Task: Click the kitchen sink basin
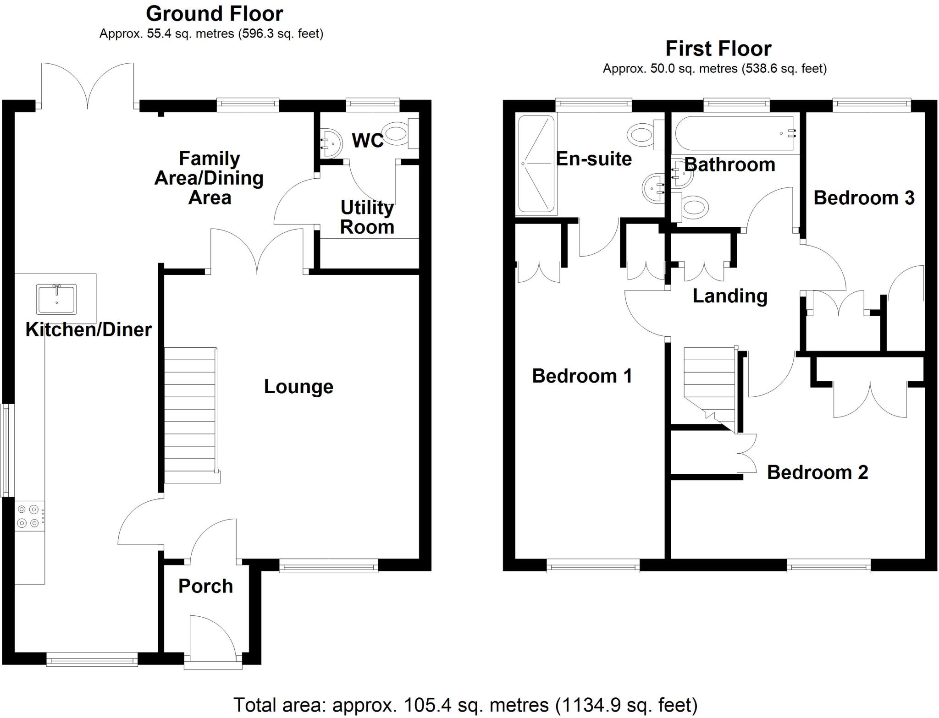coord(57,299)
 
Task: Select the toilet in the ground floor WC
coord(402,134)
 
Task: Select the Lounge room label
coord(298,386)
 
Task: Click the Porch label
coord(205,586)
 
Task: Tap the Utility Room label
coord(367,217)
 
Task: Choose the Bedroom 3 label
coord(864,197)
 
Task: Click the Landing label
coord(730,296)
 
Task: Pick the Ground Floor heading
coord(214,14)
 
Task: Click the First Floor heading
coord(718,49)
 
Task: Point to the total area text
coord(465,705)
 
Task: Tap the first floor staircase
coord(710,389)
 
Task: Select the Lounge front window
coord(329,566)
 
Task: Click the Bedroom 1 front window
coord(593,566)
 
